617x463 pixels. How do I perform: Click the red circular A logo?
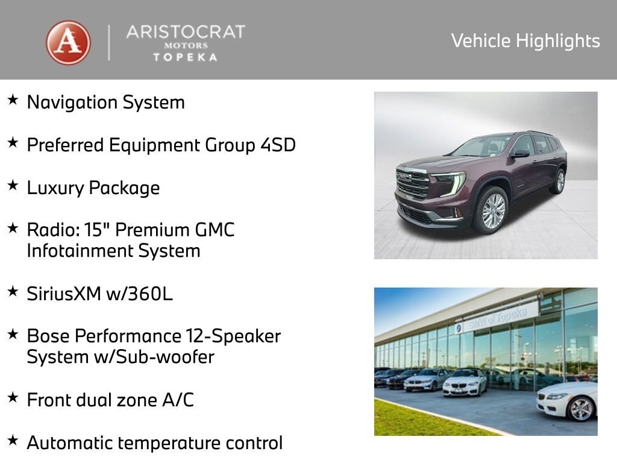68,43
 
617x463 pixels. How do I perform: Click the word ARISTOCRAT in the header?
185,32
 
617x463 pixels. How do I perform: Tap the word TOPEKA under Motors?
185,57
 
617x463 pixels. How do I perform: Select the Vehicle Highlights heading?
525,41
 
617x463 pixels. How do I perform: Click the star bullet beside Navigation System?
13,100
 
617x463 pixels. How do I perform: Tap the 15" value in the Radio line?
127,230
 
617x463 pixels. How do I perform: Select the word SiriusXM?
63,294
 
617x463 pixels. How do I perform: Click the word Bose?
48,336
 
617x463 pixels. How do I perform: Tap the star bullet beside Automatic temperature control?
13,441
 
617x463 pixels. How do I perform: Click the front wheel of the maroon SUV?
493,210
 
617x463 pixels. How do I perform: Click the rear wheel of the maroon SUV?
560,181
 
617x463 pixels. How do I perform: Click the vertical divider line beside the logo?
109,43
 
